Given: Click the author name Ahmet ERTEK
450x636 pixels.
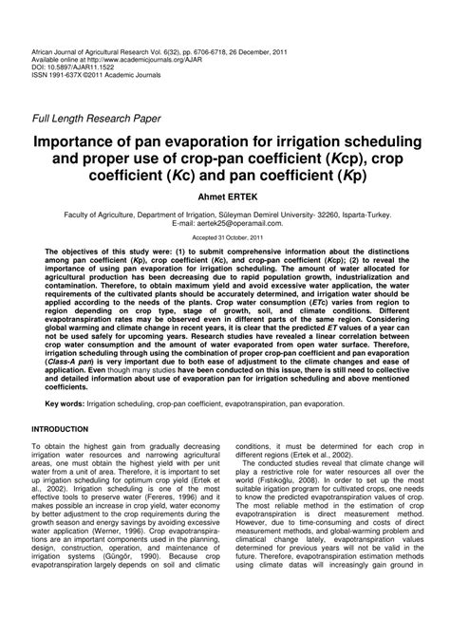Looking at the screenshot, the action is pos(226,201).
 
